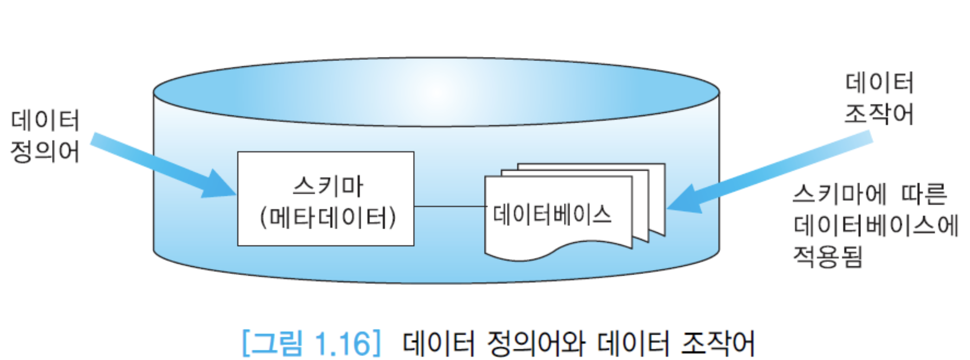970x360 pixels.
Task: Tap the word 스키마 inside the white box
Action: [328, 186]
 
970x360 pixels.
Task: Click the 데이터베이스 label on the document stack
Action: [552, 215]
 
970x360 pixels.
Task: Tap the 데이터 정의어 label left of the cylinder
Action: [45, 136]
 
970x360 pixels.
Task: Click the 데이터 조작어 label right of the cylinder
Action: [879, 98]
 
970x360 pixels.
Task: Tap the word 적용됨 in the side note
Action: [828, 257]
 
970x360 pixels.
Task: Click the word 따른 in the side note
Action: [924, 193]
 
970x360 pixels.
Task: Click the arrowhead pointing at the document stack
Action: [685, 200]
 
